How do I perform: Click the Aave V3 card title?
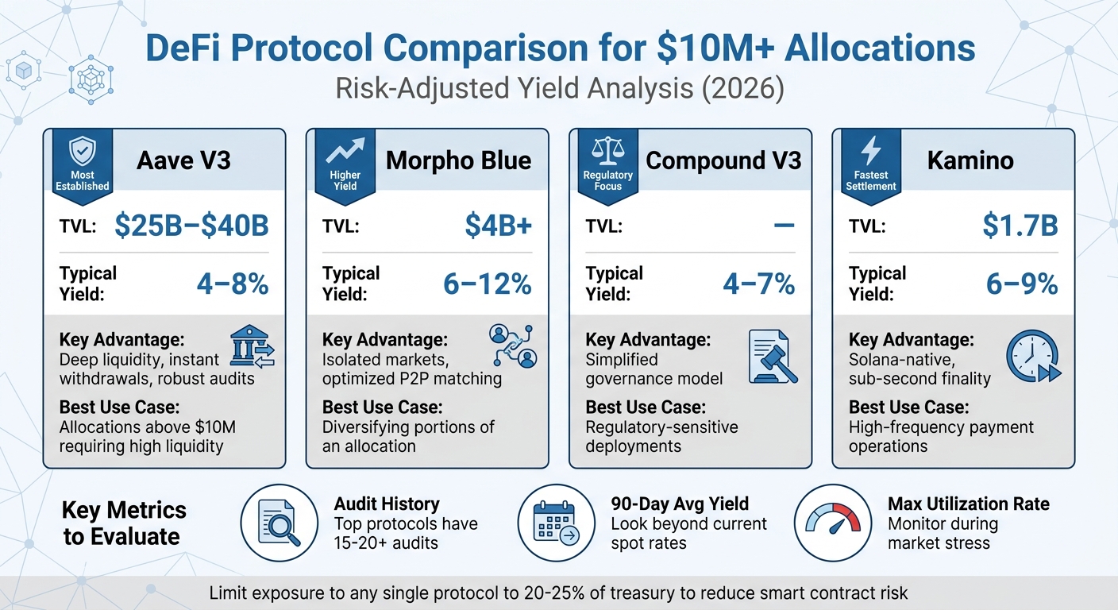click(183, 160)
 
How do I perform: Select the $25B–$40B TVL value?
click(191, 226)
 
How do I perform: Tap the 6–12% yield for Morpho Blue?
click(487, 284)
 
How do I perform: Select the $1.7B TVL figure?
click(1020, 226)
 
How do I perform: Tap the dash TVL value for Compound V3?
click(783, 226)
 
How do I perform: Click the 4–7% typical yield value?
click(758, 284)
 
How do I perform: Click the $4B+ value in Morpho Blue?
click(498, 226)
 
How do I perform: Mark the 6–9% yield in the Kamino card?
click(1021, 284)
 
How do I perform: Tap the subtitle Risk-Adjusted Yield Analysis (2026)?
click(559, 88)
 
